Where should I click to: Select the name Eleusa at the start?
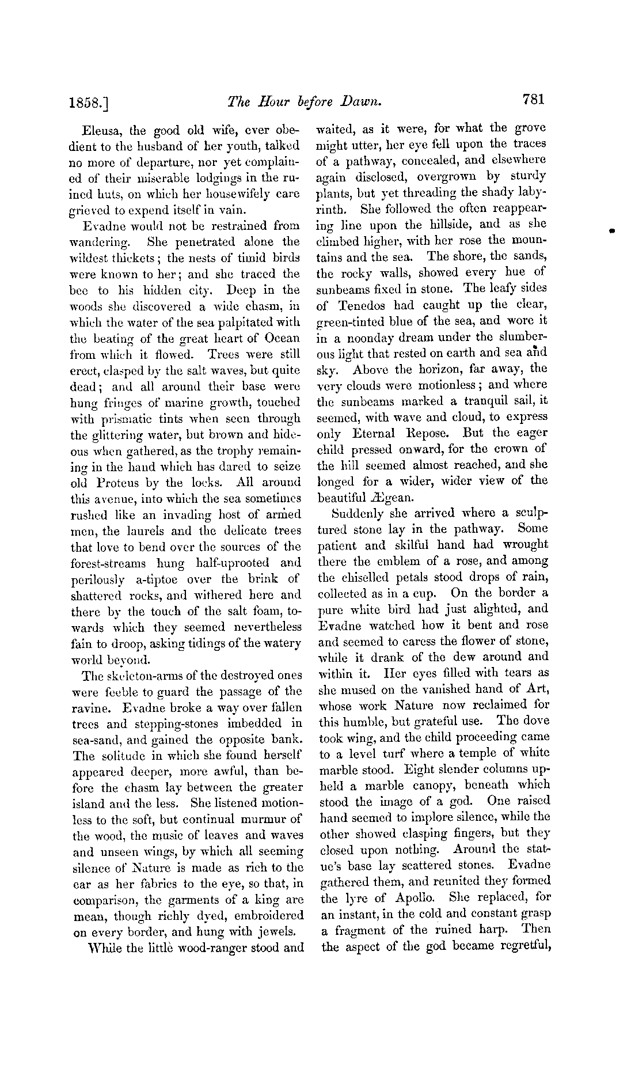click(102, 131)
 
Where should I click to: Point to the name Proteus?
click(122, 483)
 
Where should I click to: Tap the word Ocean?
click(282, 339)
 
